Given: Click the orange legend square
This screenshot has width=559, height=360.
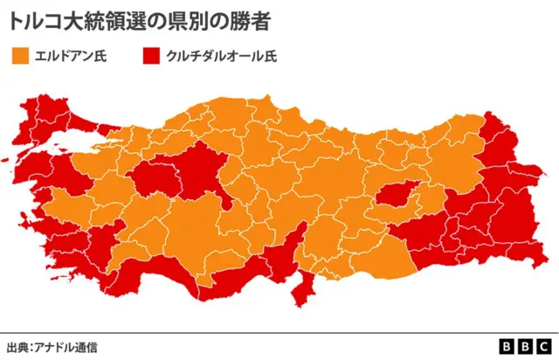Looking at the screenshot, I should [x=20, y=58].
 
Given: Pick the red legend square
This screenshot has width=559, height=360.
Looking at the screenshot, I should [x=150, y=58].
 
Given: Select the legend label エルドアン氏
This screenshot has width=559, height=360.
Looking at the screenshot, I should [x=70, y=58].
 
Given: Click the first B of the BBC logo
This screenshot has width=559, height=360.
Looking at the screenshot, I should [x=507, y=347].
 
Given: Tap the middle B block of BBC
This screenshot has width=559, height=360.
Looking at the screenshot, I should [x=525, y=347].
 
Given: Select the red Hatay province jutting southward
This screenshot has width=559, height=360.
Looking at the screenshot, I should [x=302, y=284].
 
